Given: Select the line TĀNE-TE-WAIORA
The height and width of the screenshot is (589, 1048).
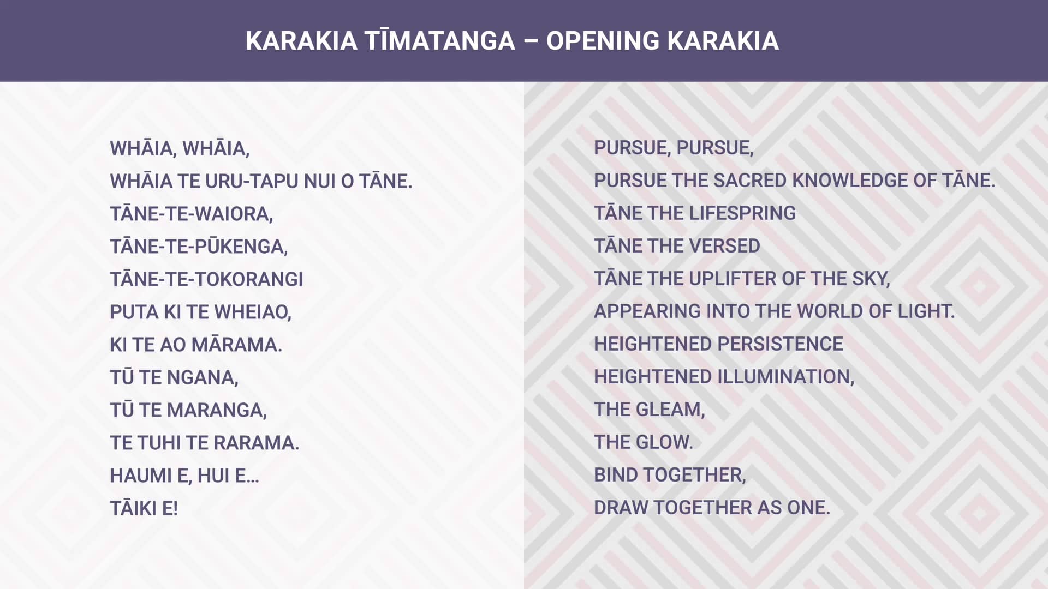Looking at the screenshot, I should pyautogui.click(x=191, y=214).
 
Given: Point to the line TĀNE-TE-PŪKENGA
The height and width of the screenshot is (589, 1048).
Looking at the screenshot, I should pyautogui.click(x=199, y=247).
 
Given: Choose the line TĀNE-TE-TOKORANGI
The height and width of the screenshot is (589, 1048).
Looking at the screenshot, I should pyautogui.click(x=206, y=279).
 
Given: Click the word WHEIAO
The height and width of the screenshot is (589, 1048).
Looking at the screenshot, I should pyautogui.click(x=253, y=312).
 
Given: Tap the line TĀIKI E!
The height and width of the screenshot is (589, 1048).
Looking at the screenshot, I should pyautogui.click(x=144, y=508).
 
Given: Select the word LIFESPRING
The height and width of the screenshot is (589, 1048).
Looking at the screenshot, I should pyautogui.click(x=742, y=213).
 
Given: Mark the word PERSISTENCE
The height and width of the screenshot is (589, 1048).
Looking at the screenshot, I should pyautogui.click(x=780, y=344).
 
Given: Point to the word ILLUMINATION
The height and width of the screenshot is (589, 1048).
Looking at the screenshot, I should pyautogui.click(x=785, y=377).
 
